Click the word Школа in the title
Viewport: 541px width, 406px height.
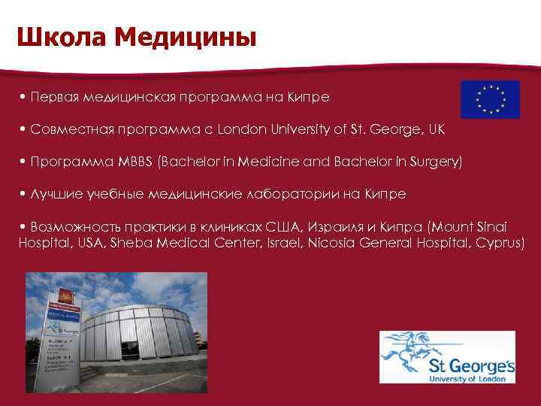coord(54,37)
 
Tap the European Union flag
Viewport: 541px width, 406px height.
coord(490,99)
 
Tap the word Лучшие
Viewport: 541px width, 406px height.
coord(54,194)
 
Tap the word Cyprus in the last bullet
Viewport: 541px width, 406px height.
coord(499,244)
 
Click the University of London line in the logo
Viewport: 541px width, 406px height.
coord(470,380)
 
